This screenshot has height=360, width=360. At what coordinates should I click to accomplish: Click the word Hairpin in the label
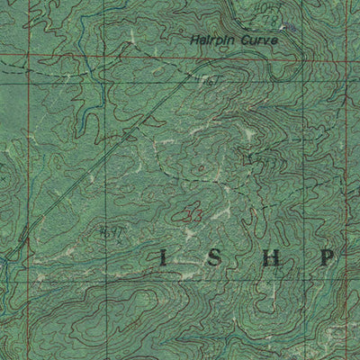(208, 40)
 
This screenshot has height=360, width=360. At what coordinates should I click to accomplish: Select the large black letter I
(163, 258)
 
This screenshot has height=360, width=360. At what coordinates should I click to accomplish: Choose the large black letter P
(328, 258)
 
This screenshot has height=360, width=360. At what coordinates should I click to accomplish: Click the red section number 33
(191, 214)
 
